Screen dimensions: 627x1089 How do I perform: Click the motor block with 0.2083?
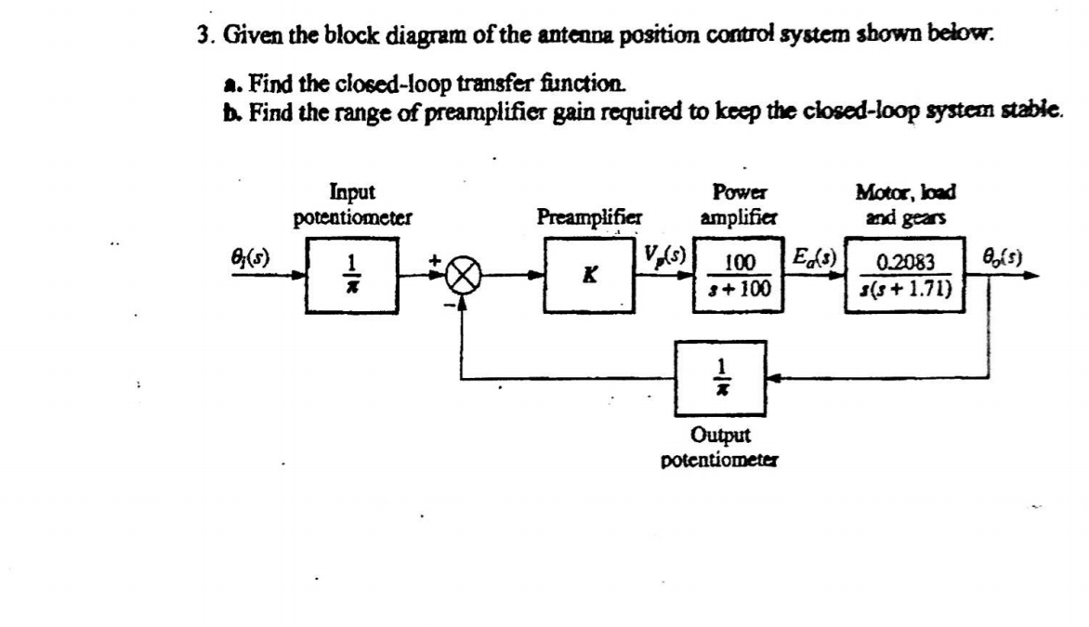910,275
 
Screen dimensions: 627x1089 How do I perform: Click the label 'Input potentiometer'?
352,205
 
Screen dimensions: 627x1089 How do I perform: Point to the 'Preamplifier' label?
589,217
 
